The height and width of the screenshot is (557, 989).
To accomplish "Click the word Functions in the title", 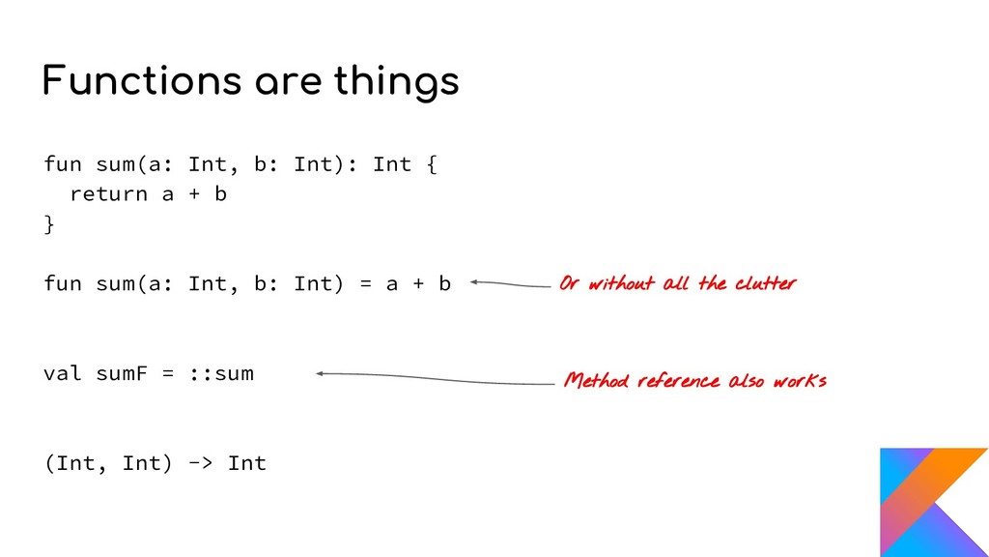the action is [x=140, y=81].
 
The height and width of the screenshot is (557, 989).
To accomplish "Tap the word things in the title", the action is [x=396, y=83].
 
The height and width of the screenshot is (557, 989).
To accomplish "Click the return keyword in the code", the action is [x=108, y=194].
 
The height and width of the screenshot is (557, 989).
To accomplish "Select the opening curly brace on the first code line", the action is [x=431, y=164].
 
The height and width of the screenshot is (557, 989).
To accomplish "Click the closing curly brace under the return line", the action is [x=49, y=224].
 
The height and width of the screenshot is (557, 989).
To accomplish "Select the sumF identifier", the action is [x=122, y=373].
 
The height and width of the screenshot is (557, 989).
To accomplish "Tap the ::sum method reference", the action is [x=220, y=373].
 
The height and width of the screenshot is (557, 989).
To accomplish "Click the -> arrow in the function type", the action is [x=200, y=463].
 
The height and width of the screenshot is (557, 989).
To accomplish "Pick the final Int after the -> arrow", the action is [x=246, y=463].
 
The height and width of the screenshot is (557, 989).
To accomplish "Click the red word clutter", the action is [x=765, y=283].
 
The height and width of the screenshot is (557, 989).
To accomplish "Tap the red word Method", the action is [x=596, y=380].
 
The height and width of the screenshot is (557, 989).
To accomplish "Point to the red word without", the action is [x=622, y=283].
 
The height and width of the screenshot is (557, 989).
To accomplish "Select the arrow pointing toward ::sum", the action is [x=435, y=378].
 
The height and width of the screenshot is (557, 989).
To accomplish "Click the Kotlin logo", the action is [x=933, y=502].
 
